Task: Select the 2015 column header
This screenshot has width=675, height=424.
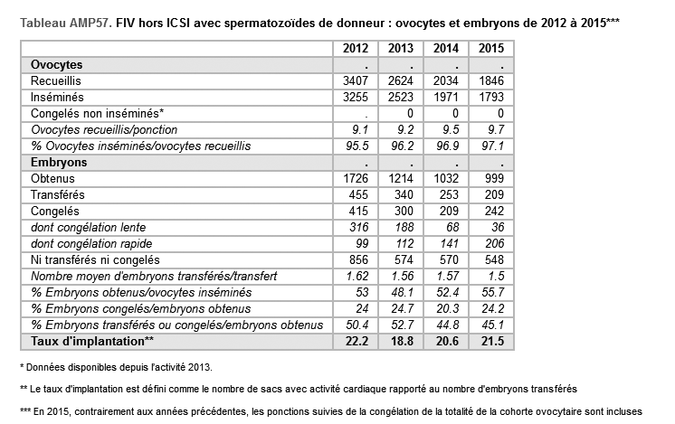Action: pyautogui.click(x=490, y=49)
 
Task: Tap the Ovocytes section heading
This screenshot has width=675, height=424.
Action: pyautogui.click(x=57, y=65)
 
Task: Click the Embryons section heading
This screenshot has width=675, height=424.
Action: pyautogui.click(x=59, y=162)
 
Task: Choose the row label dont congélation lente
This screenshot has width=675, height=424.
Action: pyautogui.click(x=88, y=227)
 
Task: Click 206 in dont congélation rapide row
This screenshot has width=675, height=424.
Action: pyautogui.click(x=492, y=243)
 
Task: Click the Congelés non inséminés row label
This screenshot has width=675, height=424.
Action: pyautogui.click(x=97, y=114)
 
